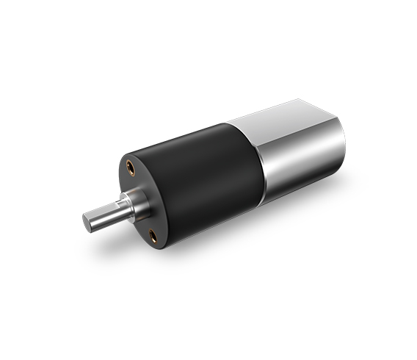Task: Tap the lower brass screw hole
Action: [153, 235]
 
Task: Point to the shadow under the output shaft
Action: [110, 242]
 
